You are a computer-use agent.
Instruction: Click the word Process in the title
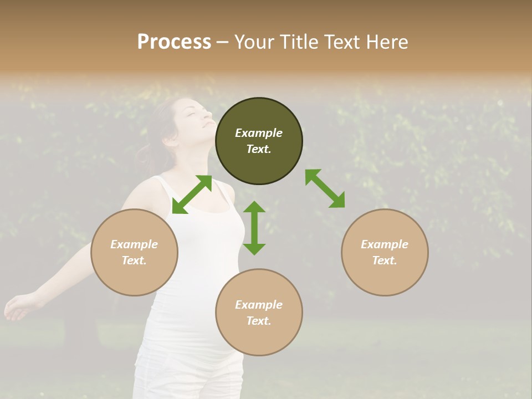(174, 42)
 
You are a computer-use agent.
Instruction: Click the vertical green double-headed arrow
(254, 228)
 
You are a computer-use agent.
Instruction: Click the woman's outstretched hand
(17, 308)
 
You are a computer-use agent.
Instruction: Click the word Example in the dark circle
(259, 133)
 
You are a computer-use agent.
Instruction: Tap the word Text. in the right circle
(385, 260)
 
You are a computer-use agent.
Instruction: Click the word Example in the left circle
(134, 244)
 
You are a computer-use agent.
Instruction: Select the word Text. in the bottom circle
(259, 321)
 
